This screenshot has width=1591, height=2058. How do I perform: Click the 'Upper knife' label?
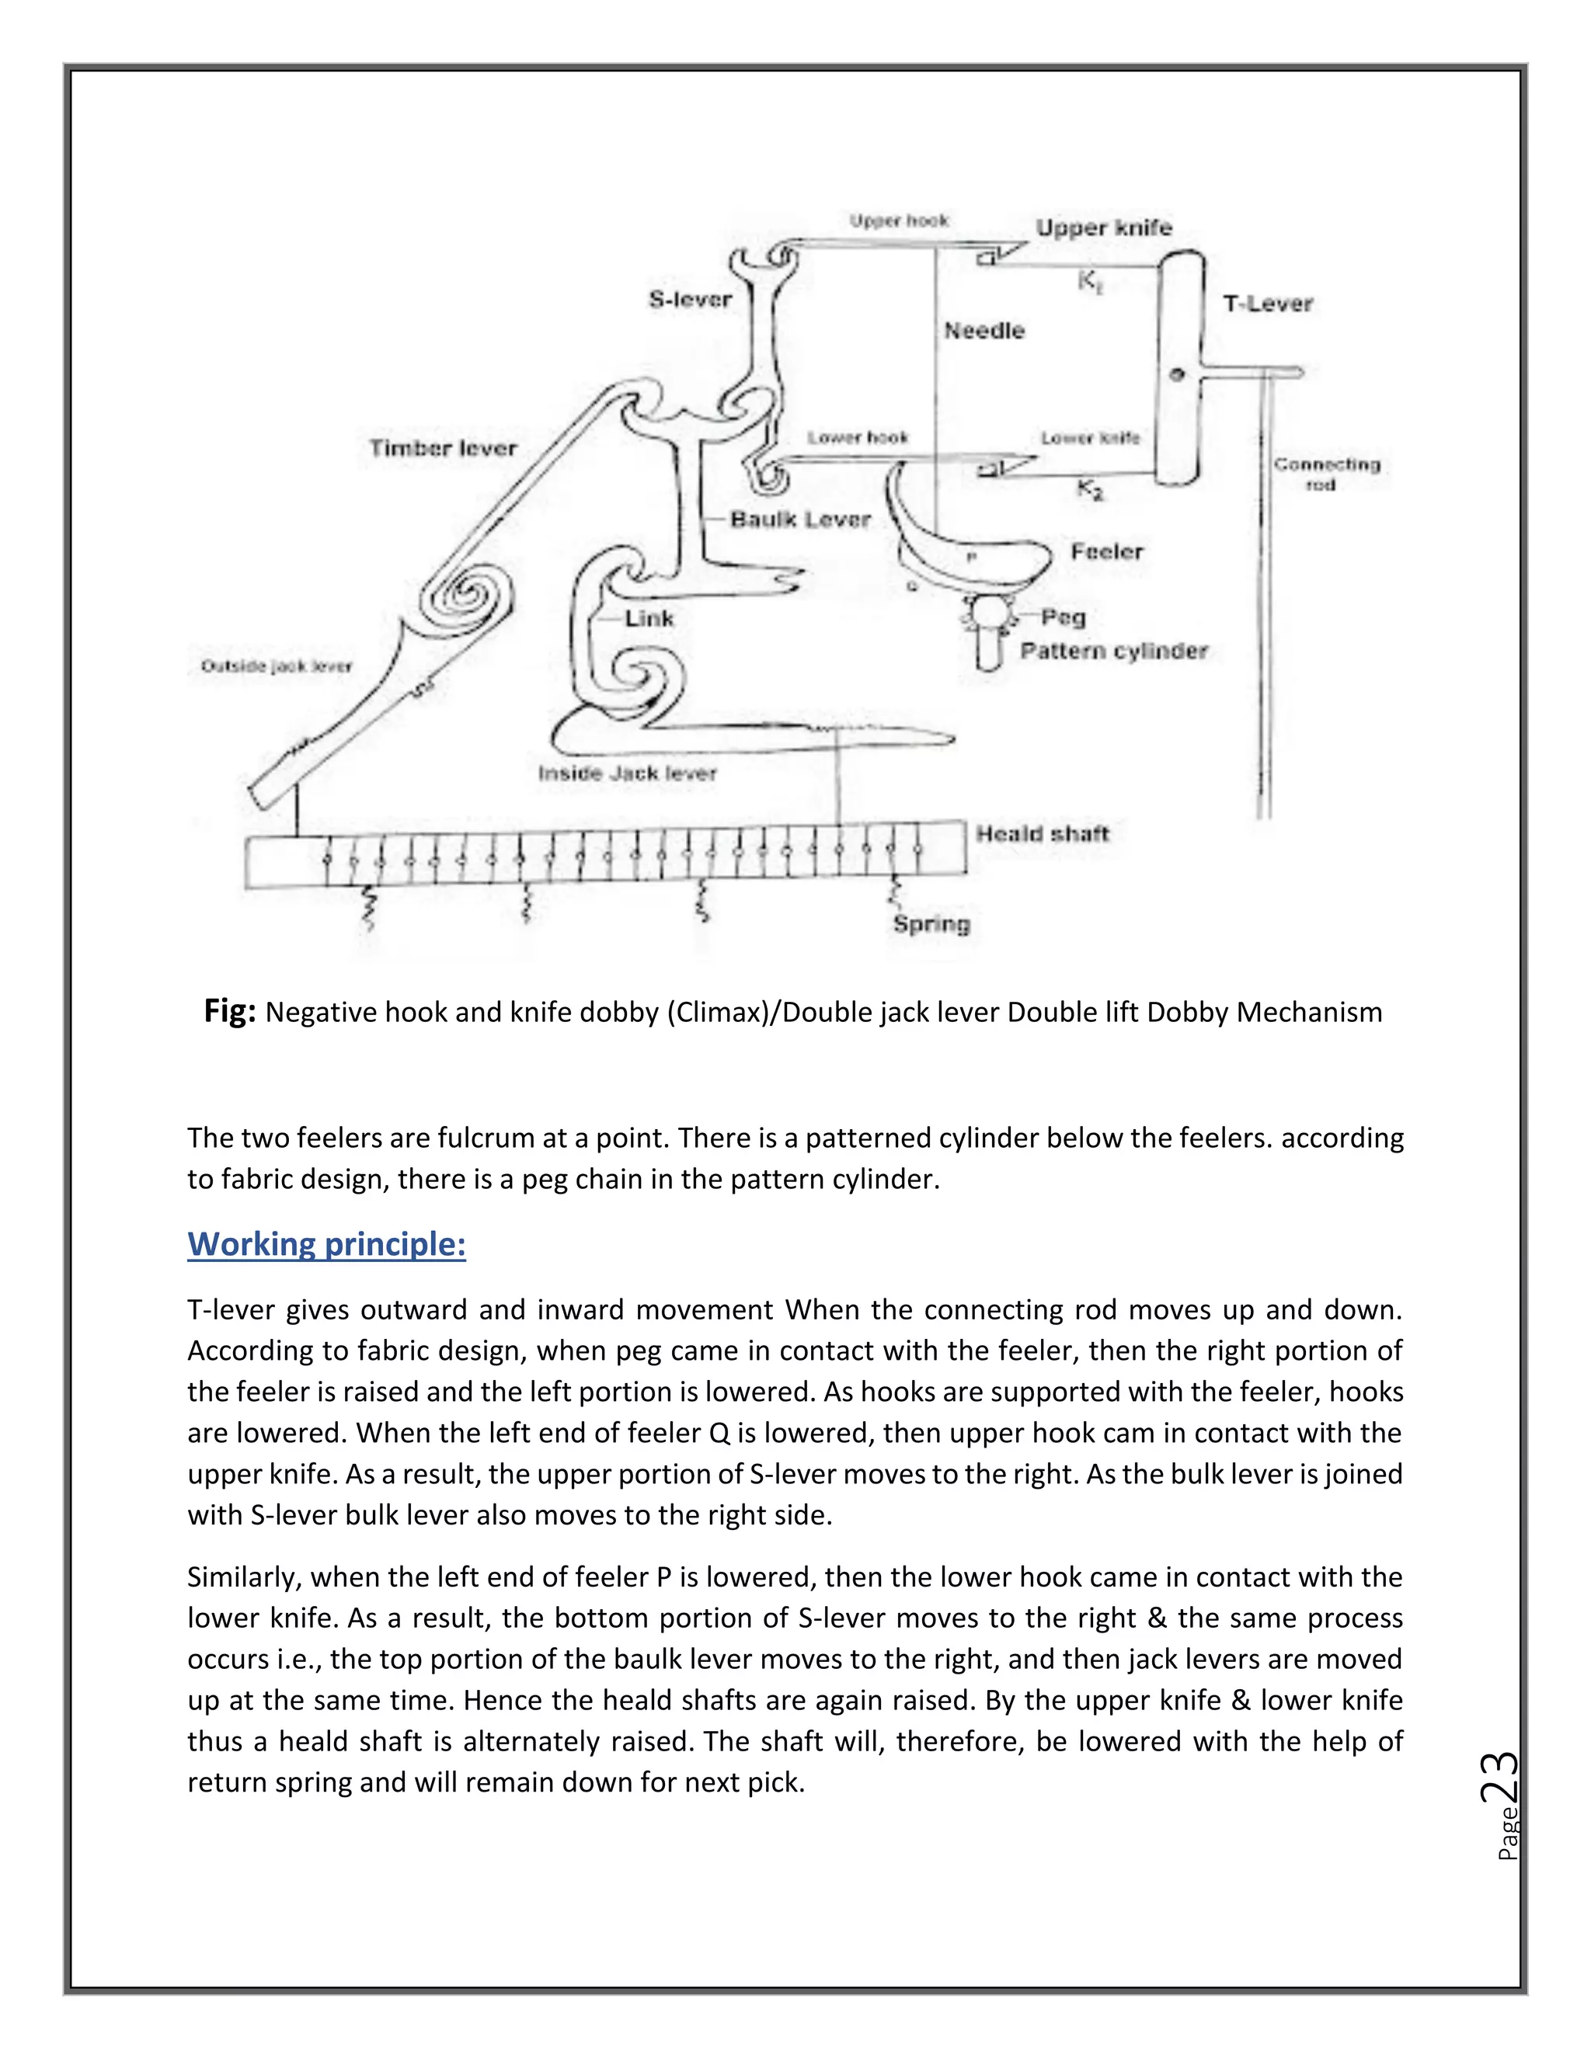[1104, 228]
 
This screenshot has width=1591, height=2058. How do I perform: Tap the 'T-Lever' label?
[1267, 304]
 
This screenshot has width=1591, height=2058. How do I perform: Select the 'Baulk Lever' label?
[800, 520]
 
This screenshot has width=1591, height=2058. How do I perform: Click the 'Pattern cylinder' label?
[1113, 651]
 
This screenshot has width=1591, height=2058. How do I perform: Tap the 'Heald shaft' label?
[1042, 833]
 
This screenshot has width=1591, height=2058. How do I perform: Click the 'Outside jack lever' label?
[276, 666]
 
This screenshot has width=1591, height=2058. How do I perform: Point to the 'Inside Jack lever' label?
[627, 773]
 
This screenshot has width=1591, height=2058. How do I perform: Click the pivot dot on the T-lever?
[1176, 374]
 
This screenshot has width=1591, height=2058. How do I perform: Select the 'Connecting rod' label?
[1326, 474]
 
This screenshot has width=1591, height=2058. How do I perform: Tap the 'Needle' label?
[984, 331]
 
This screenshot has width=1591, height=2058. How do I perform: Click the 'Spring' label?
[931, 923]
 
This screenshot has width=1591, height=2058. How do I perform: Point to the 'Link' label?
[649, 619]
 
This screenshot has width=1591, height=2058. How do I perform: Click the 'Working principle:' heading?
[326, 1244]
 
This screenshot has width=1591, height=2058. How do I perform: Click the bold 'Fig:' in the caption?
[230, 1011]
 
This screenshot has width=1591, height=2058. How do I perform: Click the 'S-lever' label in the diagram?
[690, 300]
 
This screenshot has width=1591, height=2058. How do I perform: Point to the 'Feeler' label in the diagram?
[1105, 551]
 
